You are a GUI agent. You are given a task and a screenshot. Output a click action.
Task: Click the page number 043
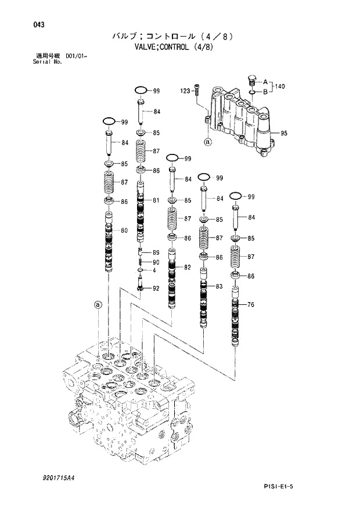[x=24, y=25]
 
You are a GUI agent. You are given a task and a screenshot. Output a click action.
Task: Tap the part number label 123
[x=185, y=91]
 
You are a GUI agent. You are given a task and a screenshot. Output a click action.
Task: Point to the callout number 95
[x=284, y=134]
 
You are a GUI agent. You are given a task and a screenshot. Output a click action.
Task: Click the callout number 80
[x=124, y=231]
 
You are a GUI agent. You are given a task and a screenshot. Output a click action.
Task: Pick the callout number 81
[x=156, y=200]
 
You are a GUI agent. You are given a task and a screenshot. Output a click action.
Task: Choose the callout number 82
[x=187, y=267]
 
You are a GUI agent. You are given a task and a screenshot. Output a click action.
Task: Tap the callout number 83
[x=219, y=286]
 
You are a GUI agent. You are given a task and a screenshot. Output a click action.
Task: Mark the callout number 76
[x=251, y=305]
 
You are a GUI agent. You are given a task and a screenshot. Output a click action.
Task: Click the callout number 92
[x=156, y=288]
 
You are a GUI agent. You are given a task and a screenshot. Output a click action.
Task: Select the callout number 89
[x=156, y=253]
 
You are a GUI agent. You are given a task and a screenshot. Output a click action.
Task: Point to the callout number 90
[x=156, y=262]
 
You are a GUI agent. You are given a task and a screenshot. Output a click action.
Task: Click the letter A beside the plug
[x=265, y=81]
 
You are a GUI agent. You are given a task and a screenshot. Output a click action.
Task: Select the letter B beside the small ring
[x=265, y=92]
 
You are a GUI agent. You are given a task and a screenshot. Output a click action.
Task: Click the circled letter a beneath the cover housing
[x=208, y=141]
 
